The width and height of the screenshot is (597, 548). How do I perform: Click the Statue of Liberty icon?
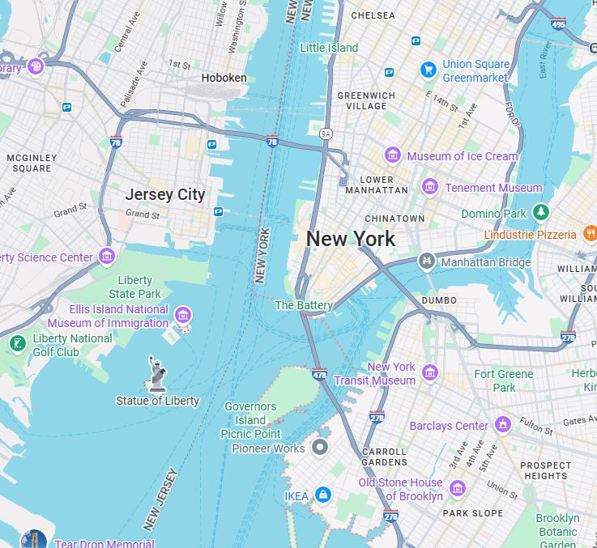click(x=158, y=375)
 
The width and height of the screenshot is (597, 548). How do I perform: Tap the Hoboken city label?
click(x=224, y=78)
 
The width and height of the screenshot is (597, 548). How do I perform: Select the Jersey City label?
click(x=165, y=194)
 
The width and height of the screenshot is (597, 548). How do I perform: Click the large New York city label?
click(x=351, y=239)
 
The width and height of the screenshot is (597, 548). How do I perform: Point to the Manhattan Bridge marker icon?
click(x=426, y=261)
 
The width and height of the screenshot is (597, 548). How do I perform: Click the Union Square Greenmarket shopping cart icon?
click(x=428, y=70)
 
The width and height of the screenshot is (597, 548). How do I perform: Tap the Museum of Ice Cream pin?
click(x=393, y=155)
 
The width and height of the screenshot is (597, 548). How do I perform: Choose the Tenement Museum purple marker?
click(x=430, y=188)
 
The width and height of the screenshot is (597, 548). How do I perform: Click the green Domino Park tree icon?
click(x=541, y=213)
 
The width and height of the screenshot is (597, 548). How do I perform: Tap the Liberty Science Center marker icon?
click(x=107, y=257)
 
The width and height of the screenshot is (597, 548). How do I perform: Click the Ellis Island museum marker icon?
click(x=183, y=316)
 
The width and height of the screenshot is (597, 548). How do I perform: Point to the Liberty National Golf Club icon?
click(x=17, y=345)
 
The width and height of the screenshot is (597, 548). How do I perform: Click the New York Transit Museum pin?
click(x=430, y=373)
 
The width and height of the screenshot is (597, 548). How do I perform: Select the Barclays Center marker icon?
click(x=503, y=425)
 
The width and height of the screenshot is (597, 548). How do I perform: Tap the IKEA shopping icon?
click(x=323, y=495)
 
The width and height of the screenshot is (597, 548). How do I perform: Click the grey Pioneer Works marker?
click(x=321, y=448)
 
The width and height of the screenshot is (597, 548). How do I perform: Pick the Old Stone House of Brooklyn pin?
click(x=458, y=489)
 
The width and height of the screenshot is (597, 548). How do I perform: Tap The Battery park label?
click(x=304, y=305)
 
